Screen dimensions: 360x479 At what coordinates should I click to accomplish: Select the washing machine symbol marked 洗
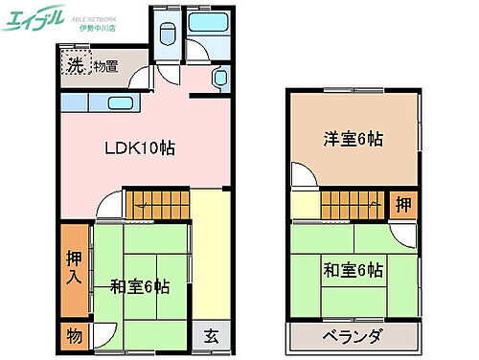[x=74, y=66]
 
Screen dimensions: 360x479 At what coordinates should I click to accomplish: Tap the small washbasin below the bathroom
[x=219, y=79]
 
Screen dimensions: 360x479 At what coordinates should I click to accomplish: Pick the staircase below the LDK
[x=158, y=203]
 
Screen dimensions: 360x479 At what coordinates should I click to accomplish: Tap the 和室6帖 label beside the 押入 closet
[x=139, y=285]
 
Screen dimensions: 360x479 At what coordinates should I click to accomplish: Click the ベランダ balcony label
[x=353, y=336]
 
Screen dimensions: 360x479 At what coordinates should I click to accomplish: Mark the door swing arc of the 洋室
[x=303, y=176]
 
